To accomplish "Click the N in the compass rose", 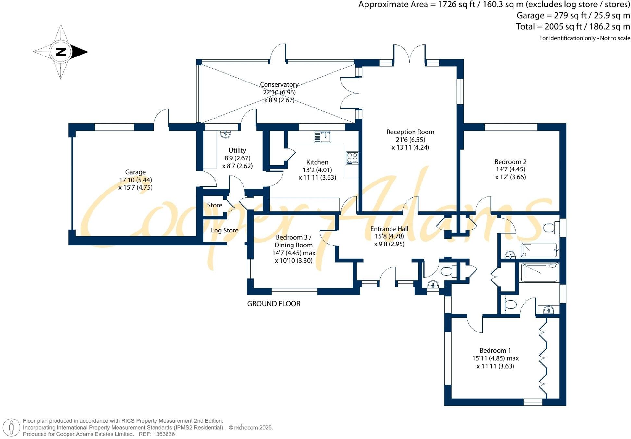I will [x=61, y=52].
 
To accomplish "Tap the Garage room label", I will [x=135, y=172].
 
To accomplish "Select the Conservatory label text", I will [x=279, y=84].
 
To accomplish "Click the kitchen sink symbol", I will [x=322, y=137].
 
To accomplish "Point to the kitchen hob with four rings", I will [x=352, y=158].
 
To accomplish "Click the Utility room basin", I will [x=225, y=133].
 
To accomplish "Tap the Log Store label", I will [x=225, y=230].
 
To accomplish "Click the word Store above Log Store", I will [x=215, y=205].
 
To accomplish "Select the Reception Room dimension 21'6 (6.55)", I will [x=410, y=140].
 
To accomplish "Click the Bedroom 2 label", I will [x=510, y=162].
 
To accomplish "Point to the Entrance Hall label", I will [x=389, y=229].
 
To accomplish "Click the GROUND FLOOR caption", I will [x=274, y=304].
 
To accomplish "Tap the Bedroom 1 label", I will [x=495, y=350].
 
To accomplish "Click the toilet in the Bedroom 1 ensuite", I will [x=510, y=305].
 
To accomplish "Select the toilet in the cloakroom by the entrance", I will [x=448, y=270].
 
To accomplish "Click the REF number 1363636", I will [x=164, y=434].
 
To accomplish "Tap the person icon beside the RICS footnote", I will [x=12, y=427].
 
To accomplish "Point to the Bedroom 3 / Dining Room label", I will [x=293, y=241].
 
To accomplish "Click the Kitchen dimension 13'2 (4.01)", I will [x=317, y=170].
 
